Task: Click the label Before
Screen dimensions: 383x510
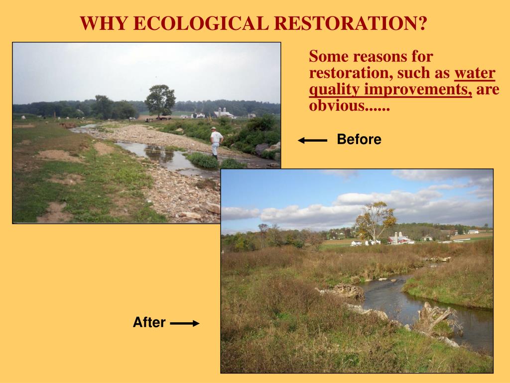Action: click(359, 140)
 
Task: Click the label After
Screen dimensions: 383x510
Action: click(149, 322)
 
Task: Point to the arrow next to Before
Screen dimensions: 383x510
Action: click(312, 141)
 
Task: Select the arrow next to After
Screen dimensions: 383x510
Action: click(184, 323)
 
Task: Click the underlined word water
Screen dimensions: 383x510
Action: click(475, 73)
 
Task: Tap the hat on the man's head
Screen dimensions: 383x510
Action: click(214, 129)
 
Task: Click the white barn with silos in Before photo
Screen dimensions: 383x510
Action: click(224, 113)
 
